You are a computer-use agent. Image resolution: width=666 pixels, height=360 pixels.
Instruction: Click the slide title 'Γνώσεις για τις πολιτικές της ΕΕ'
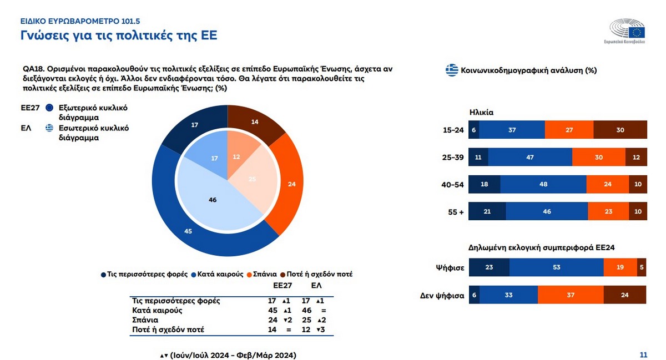pyautogui.click(x=118, y=36)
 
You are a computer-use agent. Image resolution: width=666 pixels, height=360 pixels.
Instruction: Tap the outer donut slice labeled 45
pyautogui.click(x=188, y=231)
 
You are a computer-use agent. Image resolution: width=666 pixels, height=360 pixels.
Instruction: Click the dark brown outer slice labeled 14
pyautogui.click(x=255, y=120)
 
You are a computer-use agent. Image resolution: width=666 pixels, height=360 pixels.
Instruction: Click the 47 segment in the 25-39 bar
pyautogui.click(x=529, y=157)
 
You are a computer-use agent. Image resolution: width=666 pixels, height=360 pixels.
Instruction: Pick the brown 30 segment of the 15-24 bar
pyautogui.click(x=620, y=130)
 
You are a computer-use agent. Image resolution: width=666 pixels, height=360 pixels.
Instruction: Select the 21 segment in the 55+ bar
pyautogui.click(x=487, y=211)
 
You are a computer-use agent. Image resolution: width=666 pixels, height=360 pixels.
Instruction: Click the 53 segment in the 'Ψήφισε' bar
pyautogui.click(x=556, y=267)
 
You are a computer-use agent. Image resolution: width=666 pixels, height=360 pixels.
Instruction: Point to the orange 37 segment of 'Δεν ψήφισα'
pyautogui.click(x=570, y=295)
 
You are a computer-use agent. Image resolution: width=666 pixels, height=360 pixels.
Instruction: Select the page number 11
pyautogui.click(x=643, y=355)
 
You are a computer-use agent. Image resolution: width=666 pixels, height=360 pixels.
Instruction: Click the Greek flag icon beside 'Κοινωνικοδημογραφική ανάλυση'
pyautogui.click(x=452, y=70)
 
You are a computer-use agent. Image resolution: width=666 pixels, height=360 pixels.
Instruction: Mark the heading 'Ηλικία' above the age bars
pyautogui.click(x=481, y=113)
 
